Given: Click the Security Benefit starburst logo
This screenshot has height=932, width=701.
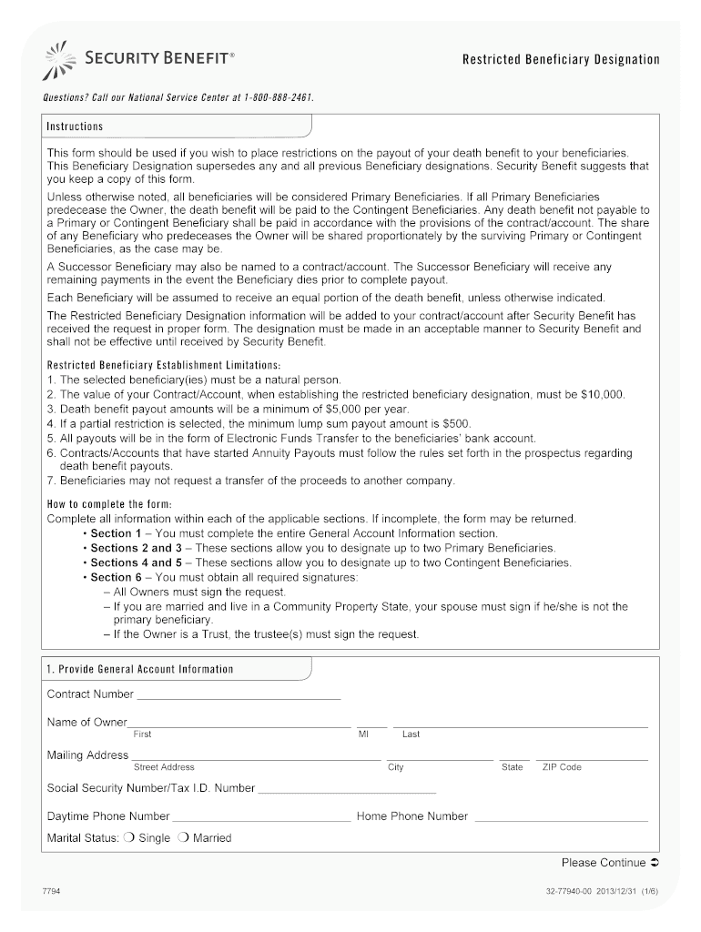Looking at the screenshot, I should [x=60, y=60].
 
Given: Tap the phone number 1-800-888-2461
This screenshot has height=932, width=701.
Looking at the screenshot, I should [x=282, y=96].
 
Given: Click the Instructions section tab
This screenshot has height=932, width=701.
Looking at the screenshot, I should [x=76, y=127].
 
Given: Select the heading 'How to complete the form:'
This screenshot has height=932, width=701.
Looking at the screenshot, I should [x=109, y=504].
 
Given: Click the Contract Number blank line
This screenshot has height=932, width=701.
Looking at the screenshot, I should [x=238, y=697].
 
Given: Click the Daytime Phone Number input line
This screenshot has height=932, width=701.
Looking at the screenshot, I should [x=261, y=819].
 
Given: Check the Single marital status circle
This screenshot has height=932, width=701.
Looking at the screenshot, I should [x=128, y=838].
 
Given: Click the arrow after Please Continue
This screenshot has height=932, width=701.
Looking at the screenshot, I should [x=655, y=863].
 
